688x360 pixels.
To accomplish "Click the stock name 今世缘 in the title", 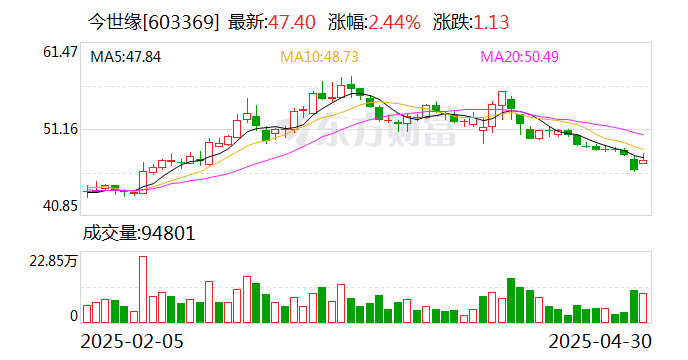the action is point(115,22).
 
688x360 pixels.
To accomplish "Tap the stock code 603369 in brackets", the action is point(181,22).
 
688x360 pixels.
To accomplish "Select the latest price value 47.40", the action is point(292,22).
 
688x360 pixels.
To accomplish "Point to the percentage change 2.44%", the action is point(394,22).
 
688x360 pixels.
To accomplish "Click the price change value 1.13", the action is point(491,22).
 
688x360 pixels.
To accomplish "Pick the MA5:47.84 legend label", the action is point(125,57).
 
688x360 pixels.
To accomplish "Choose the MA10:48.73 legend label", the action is point(319,57).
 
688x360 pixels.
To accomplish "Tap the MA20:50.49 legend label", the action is point(520,57).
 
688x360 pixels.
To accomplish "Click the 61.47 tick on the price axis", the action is point(60,52).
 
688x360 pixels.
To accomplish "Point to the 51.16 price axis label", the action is point(60,129).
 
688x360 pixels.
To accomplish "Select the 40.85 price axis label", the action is point(60,205).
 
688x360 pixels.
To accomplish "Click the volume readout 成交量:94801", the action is point(139,233).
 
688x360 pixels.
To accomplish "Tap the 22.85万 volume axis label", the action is point(53,261).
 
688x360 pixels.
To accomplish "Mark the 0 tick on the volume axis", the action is point(74,316).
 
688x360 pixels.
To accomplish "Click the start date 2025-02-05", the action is point(132,342).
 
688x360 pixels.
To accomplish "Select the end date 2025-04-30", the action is point(600,342).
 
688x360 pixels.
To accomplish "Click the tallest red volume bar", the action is point(143,290).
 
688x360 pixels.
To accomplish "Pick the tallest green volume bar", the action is point(511,301).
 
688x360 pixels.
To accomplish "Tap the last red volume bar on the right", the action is point(643,308).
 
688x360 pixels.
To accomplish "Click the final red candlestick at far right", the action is point(643,162).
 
